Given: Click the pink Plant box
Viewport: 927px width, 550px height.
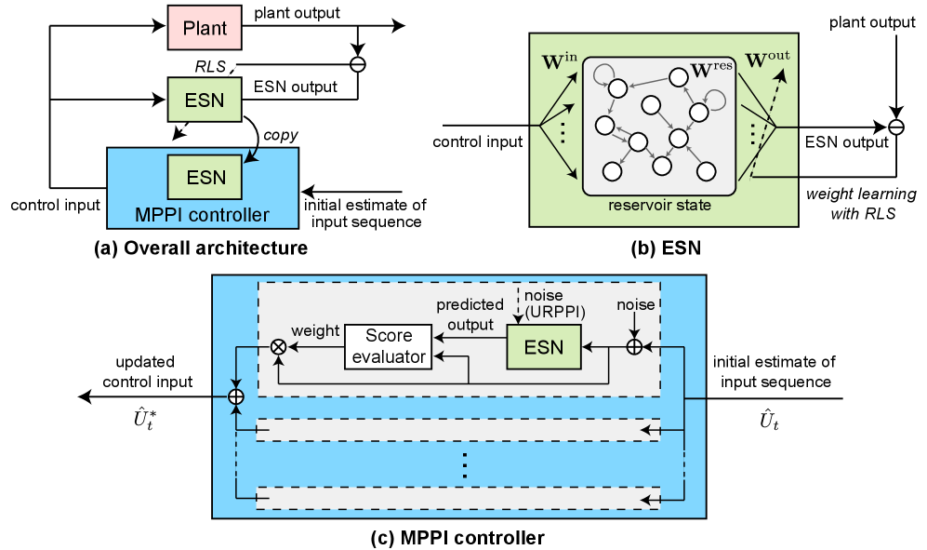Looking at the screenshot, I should [205, 28].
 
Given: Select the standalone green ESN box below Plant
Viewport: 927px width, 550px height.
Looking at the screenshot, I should [205, 100].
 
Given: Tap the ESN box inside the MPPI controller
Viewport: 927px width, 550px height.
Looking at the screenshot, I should [205, 177].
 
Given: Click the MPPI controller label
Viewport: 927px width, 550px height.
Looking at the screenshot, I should [202, 216].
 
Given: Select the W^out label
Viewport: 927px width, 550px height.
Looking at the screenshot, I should [767, 60].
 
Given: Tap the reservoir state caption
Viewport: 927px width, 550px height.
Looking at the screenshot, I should [659, 205].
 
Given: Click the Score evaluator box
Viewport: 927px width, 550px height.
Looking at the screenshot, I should [389, 347].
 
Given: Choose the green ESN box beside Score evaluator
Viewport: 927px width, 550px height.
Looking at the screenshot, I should [544, 347].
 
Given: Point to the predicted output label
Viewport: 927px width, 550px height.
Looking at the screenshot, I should [470, 314].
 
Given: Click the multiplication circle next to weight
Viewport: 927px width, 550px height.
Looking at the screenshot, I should [277, 347].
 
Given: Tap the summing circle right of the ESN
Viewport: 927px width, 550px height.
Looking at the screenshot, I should [634, 347].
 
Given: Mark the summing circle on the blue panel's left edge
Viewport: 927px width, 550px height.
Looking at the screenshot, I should [236, 397].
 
